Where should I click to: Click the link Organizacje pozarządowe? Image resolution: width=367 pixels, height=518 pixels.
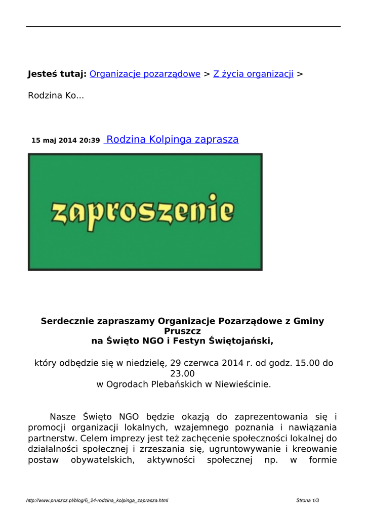[145, 74]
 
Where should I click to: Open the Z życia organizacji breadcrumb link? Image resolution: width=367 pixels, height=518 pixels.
[253, 74]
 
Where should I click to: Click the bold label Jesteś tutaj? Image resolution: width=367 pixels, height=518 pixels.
[57, 74]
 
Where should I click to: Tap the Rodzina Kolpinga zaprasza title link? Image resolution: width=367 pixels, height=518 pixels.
[172, 140]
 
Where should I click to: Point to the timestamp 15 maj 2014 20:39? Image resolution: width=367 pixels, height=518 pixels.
[66, 140]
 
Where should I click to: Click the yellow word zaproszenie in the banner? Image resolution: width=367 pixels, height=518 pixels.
[143, 212]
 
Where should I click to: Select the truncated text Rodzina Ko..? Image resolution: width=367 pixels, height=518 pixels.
[56, 96]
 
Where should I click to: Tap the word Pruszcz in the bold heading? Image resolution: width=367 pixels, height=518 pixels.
[183, 331]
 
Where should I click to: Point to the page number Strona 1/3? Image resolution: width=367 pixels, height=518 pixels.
[308, 501]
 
